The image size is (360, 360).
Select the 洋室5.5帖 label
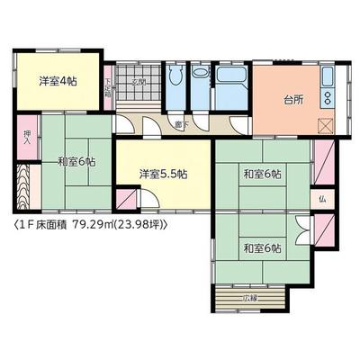tap(162, 174)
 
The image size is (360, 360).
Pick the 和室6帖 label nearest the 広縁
tap(261, 247)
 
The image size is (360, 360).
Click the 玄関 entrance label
tap(139, 82)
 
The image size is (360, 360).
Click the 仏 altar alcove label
tap(321, 198)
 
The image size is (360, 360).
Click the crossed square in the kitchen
tap(325, 127)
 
